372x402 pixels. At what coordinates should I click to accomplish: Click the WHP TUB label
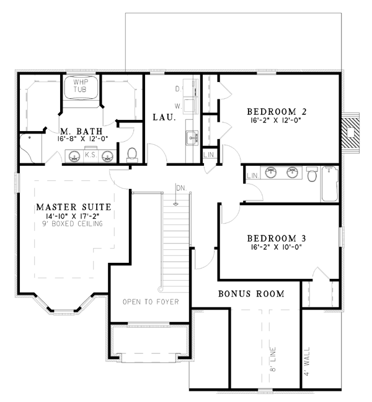tap(80, 86)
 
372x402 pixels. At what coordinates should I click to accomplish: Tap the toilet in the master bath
tap(132, 155)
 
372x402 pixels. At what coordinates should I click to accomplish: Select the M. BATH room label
tap(81, 131)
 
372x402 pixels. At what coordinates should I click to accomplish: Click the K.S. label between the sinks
tap(91, 155)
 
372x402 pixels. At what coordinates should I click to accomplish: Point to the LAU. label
tap(164, 117)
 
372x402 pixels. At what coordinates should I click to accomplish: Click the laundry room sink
tap(192, 138)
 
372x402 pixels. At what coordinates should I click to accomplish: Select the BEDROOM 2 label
tap(277, 111)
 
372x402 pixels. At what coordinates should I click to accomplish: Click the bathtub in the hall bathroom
tap(330, 183)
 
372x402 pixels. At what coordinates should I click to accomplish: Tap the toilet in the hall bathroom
tap(312, 174)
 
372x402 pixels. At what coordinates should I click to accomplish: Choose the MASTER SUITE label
tap(74, 207)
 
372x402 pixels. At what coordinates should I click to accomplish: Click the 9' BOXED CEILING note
tap(73, 224)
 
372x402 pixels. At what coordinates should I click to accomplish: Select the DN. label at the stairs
tap(182, 188)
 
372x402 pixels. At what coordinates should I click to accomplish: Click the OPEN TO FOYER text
tap(151, 302)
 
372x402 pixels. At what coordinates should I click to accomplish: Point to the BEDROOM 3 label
tap(277, 239)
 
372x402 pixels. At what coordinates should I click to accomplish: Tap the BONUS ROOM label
tap(251, 293)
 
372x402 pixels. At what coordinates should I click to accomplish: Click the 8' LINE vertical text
tap(273, 359)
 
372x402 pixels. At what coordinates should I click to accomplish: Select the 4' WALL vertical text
tap(307, 362)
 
